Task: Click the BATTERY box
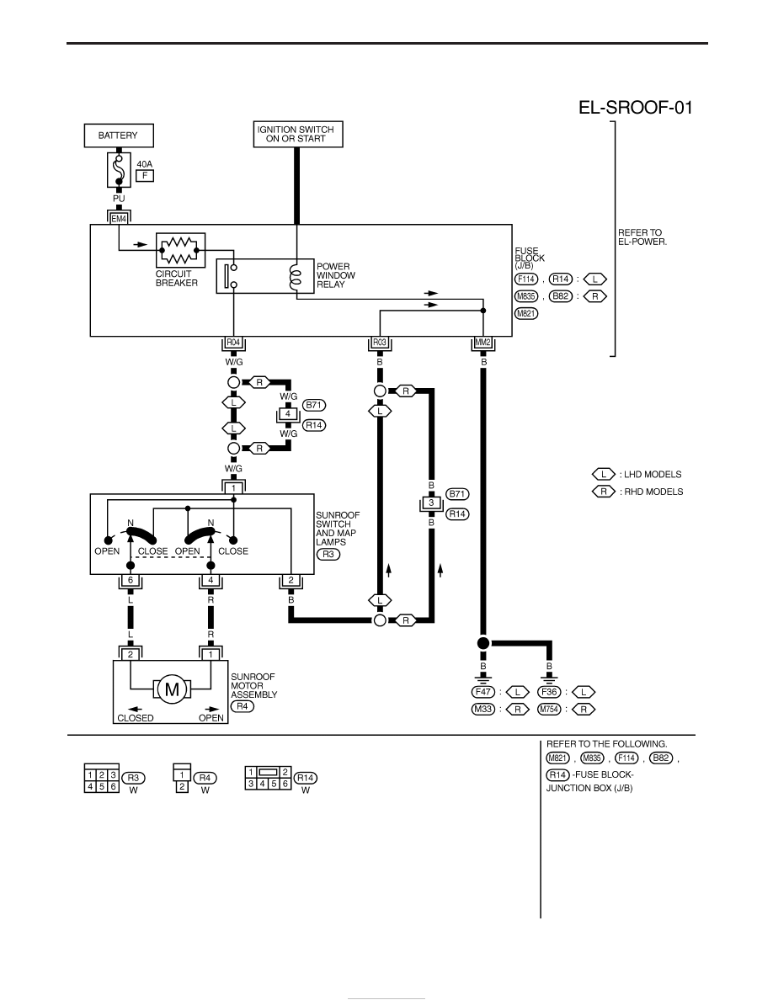(x=119, y=136)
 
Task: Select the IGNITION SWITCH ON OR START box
(x=298, y=134)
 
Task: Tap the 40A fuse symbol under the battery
(x=119, y=170)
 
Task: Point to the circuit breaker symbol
(x=180, y=250)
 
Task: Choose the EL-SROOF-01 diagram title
(x=635, y=107)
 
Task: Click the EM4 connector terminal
(x=119, y=219)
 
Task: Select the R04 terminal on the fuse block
(x=233, y=343)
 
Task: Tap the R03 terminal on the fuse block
(x=380, y=343)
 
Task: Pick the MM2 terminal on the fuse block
(x=482, y=343)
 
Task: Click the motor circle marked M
(x=173, y=689)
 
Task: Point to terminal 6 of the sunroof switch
(x=131, y=581)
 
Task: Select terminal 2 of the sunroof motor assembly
(x=131, y=654)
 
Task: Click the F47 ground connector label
(x=482, y=692)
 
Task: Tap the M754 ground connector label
(x=548, y=710)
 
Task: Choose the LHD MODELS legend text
(x=653, y=475)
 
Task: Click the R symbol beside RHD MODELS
(x=604, y=492)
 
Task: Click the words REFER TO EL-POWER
(x=642, y=237)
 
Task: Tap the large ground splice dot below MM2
(x=482, y=643)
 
